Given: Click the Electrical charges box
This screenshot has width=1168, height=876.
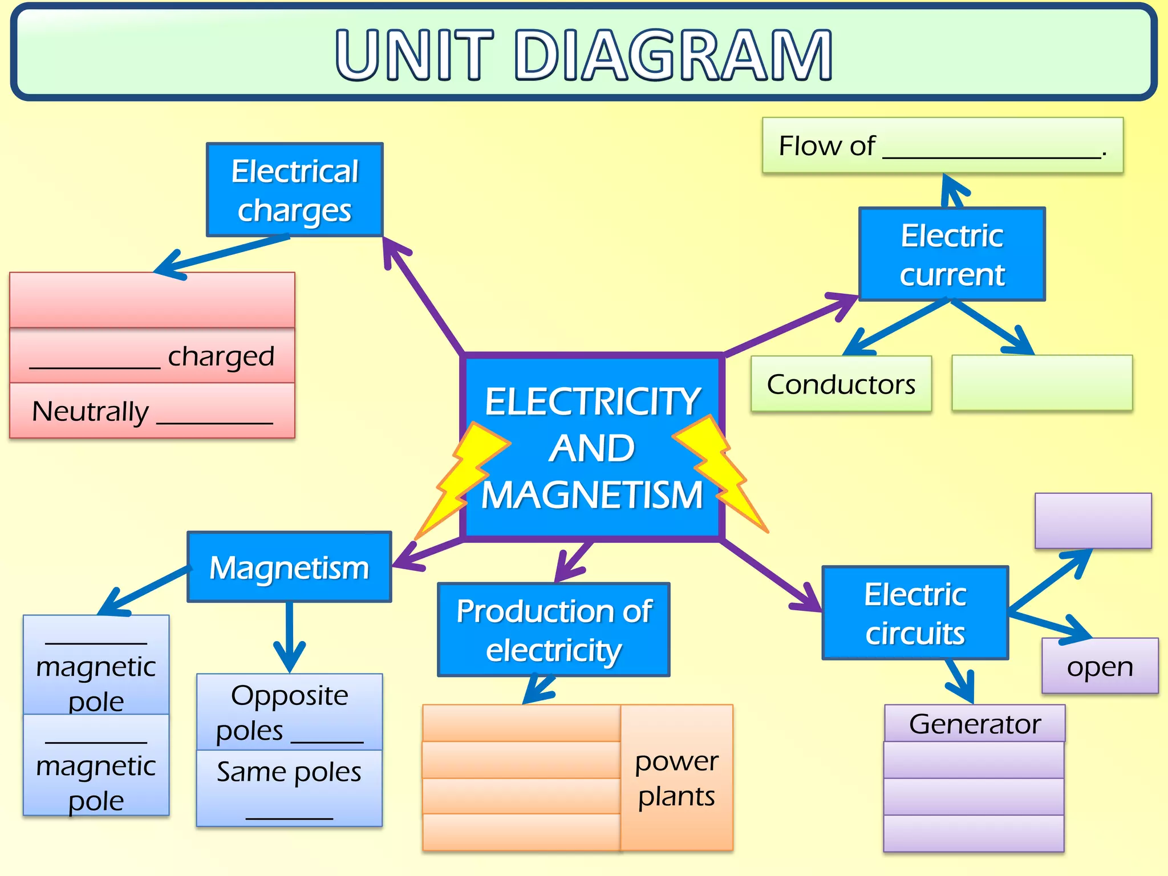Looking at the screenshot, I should pyautogui.click(x=294, y=190).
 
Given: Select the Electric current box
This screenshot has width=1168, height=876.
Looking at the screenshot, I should pyautogui.click(x=952, y=254).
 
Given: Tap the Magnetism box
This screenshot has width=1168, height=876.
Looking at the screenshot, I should pyautogui.click(x=289, y=567).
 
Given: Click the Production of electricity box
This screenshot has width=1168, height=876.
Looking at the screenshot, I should pyautogui.click(x=553, y=630).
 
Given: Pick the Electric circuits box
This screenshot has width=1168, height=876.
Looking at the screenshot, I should pyautogui.click(x=915, y=613).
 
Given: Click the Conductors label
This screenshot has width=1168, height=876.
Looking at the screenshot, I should pyautogui.click(x=841, y=384).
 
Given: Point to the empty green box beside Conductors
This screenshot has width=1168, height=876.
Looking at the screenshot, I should pyautogui.click(x=1042, y=383).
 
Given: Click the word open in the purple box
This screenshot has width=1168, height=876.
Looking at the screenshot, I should pyautogui.click(x=1100, y=666).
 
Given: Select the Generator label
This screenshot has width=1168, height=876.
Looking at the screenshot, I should pyautogui.click(x=975, y=724).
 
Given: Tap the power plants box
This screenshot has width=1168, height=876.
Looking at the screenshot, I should pyautogui.click(x=676, y=778).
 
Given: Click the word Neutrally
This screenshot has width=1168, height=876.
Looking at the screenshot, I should pyautogui.click(x=90, y=411).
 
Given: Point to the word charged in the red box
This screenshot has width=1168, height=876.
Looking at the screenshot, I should pyautogui.click(x=221, y=356).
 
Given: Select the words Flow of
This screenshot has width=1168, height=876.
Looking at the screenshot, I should pyautogui.click(x=826, y=146).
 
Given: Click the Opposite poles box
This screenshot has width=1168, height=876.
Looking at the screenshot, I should pyautogui.click(x=289, y=712).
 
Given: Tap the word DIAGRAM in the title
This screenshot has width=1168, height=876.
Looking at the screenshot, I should pyautogui.click(x=673, y=55).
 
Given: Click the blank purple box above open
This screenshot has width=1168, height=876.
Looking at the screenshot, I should pyautogui.click(x=1093, y=521).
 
